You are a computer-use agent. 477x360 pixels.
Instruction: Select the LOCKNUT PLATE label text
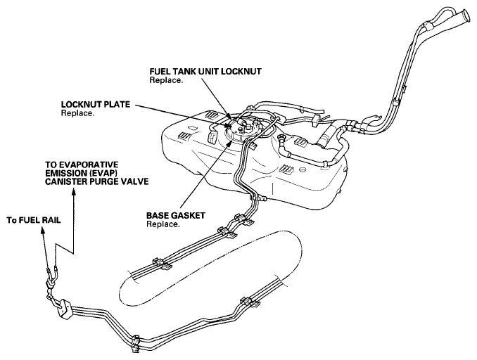[x=94, y=105]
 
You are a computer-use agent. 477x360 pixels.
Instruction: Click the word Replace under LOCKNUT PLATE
[x=77, y=113]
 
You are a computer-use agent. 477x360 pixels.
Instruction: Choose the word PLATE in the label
[x=113, y=105]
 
